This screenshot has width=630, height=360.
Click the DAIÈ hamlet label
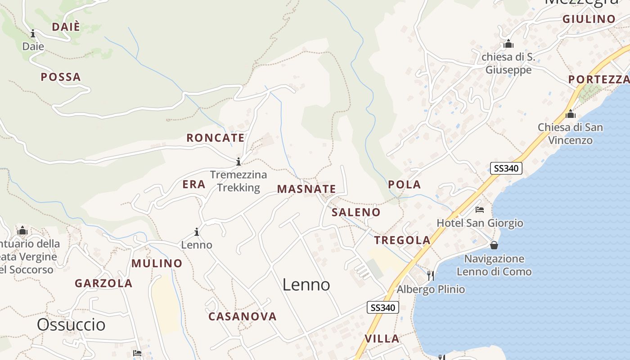coord(66,27)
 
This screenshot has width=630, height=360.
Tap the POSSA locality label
coord(61,77)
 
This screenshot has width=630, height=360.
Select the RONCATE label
coord(216,138)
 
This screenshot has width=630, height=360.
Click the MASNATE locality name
coord(306,189)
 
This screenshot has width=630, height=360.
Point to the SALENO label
coord(356,212)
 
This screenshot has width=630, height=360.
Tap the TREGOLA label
coord(402,240)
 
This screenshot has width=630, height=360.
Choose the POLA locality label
coord(404,184)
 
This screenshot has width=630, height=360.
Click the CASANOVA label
coord(243,316)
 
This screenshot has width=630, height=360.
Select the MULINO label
coord(157,263)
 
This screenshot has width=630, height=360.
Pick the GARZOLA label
coord(103,283)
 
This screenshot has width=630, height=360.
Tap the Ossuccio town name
coord(71,324)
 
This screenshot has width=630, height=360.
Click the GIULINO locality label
coord(589,19)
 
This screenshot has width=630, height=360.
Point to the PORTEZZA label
coord(598,80)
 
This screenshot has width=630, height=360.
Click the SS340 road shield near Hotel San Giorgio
coord(506,168)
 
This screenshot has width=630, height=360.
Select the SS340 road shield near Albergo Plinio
coord(383,308)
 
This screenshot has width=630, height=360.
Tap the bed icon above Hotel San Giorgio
coord(480,210)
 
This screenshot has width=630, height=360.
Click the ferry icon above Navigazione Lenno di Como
coord(494,245)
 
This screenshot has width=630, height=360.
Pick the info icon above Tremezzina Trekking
coord(238,162)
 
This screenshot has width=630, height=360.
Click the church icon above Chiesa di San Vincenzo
coord(571,114)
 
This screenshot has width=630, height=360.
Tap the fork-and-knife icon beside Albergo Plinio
coord(431,275)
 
